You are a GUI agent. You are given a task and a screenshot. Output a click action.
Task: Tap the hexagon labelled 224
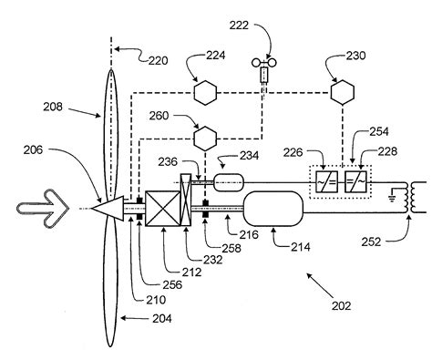201,94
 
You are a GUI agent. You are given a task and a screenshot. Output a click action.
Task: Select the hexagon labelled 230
343,93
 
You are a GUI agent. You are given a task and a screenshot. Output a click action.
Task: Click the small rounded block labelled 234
230,184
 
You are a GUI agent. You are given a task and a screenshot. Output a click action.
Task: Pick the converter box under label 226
326,181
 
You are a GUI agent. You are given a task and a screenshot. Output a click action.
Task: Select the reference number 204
138,318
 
